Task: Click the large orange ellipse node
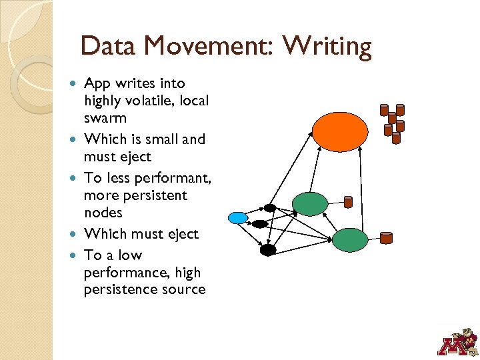[340, 131]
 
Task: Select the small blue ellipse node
[238, 217]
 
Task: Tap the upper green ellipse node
[310, 203]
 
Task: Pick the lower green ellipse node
[350, 240]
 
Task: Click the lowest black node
[267, 250]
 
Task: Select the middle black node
[260, 224]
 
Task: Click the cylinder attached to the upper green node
[347, 201]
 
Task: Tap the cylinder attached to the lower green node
[386, 237]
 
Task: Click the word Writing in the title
[327, 47]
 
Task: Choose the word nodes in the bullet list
[103, 213]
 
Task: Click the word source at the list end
[181, 289]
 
